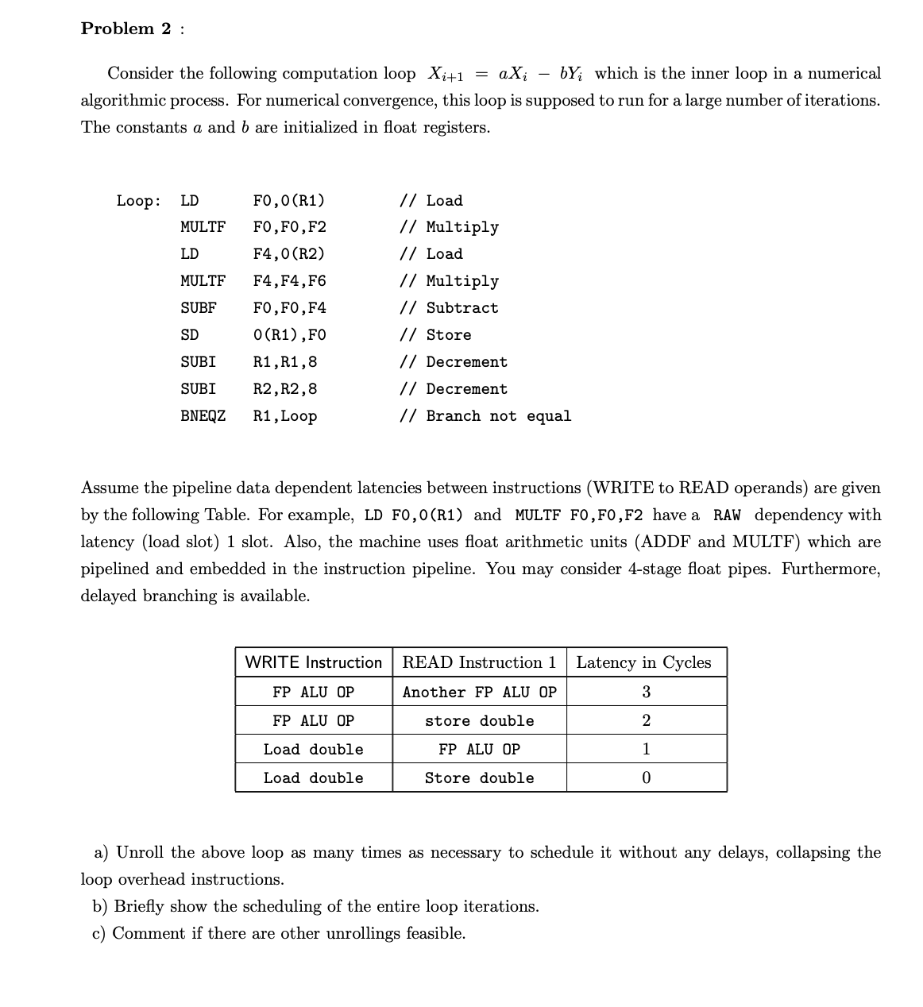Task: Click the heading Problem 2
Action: point(126,29)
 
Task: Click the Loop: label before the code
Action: point(139,200)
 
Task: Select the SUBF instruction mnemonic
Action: point(198,308)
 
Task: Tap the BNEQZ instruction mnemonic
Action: point(203,416)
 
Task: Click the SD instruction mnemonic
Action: point(189,335)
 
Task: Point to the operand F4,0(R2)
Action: point(288,254)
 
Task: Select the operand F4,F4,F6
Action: point(289,281)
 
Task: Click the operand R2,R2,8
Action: point(284,389)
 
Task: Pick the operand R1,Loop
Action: point(284,416)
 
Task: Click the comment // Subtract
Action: point(449,308)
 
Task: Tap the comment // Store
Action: point(435,335)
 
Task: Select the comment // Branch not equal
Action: point(485,416)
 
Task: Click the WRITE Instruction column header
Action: point(313,662)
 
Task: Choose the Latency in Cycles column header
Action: point(643,662)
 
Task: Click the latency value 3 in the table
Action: point(646,692)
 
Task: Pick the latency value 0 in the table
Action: point(646,778)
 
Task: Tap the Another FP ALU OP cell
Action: point(479,693)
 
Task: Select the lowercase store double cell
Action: point(479,721)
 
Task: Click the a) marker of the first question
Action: point(102,853)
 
